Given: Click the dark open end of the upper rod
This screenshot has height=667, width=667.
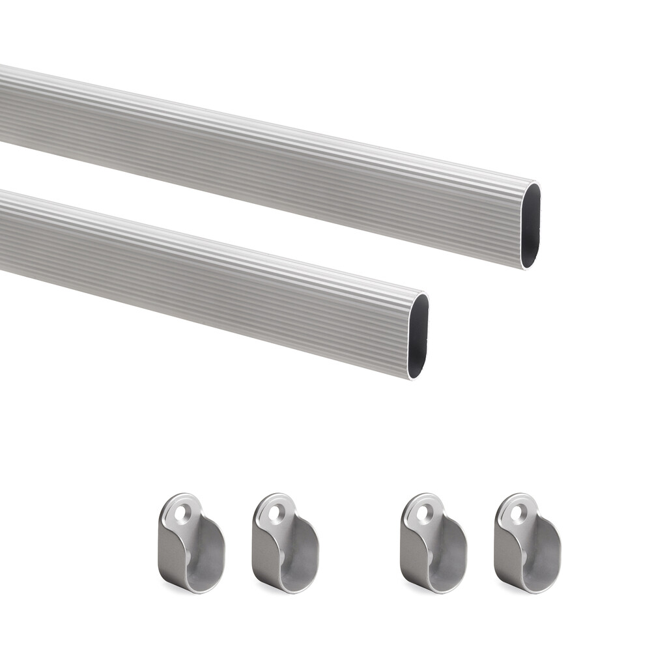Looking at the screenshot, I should coord(530,225).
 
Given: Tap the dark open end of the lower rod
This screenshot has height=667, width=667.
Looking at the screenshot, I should coord(418,336).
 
